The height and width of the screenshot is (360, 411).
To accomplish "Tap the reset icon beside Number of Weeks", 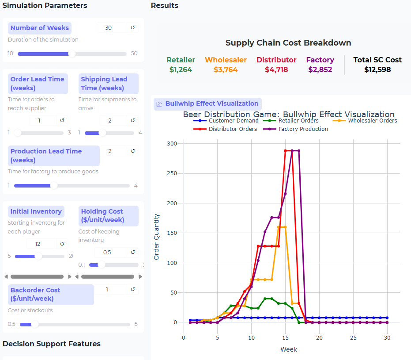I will pos(133,28).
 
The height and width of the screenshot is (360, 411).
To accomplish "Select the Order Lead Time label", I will pos(38,83).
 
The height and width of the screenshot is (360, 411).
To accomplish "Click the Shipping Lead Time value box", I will pos(110,120).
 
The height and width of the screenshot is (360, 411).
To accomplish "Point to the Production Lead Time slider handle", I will pos(53,186).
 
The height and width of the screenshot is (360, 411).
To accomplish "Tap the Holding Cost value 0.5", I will pos(107,253).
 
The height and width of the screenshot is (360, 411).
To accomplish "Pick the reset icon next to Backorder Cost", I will pos(133,290).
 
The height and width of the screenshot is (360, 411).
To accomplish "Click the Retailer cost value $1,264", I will pos(181,69).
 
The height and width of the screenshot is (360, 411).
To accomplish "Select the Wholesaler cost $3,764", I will pos(226,69).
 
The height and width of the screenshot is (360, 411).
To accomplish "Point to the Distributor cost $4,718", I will pos(276,69).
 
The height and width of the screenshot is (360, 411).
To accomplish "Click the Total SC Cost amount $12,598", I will pos(377,69).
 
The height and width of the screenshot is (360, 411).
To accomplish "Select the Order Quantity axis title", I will pos(157,237).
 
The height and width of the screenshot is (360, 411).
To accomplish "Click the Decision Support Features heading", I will pos(52,344).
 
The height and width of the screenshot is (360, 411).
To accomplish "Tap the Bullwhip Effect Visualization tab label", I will pos(211,103).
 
